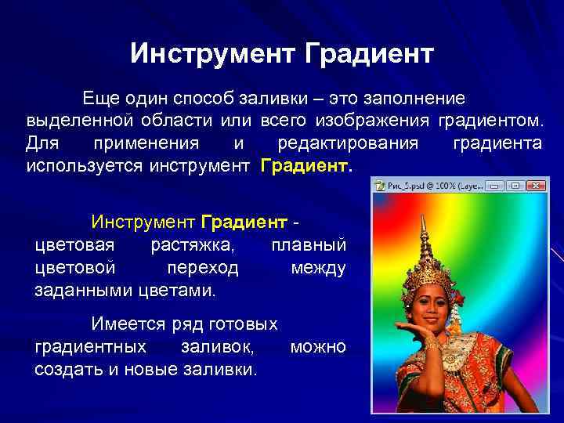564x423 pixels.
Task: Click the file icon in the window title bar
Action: [380, 186]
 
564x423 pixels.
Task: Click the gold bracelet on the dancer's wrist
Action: [431, 344]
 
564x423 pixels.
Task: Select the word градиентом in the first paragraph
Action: [490, 121]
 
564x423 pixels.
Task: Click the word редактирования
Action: [348, 144]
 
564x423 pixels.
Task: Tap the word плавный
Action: [308, 245]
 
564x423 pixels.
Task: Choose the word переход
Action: [203, 268]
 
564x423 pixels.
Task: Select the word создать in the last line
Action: [68, 369]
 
